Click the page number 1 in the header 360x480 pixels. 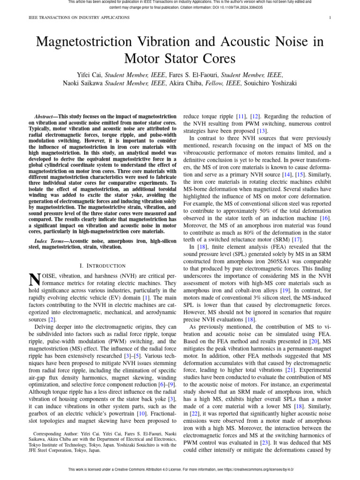pos(330,18)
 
